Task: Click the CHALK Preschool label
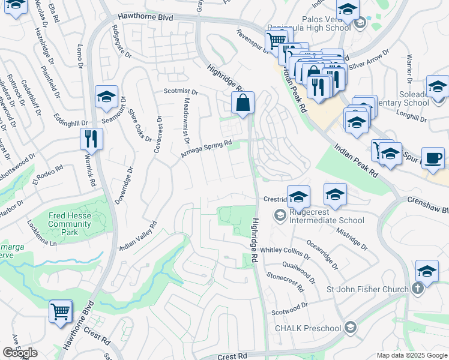click(x=307, y=328)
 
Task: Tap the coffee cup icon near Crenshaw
click(x=433, y=159)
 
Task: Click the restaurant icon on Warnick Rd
click(x=91, y=139)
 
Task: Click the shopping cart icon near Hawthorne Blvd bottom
click(x=61, y=312)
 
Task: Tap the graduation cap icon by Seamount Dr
click(x=106, y=97)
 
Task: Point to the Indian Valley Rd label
click(x=137, y=236)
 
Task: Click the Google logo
click(x=20, y=353)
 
